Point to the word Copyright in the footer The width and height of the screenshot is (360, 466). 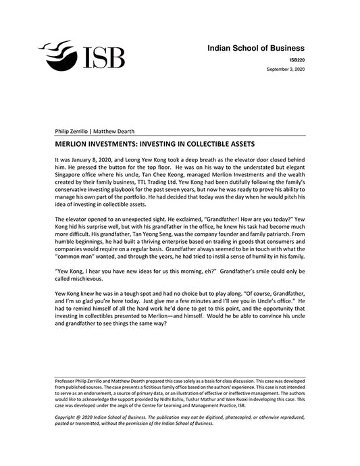pos(69,418)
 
